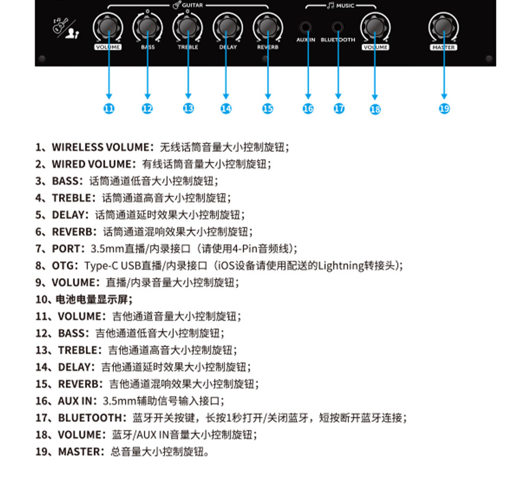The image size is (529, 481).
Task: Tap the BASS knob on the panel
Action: [147, 26]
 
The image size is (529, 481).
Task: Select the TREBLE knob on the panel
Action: [188, 26]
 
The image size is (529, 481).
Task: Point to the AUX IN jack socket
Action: [306, 27]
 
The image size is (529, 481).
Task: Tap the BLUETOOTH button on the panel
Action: [337, 27]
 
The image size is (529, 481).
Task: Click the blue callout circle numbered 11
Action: [109, 108]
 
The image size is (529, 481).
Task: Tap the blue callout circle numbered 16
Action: [308, 108]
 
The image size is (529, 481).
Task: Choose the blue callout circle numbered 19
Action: [444, 108]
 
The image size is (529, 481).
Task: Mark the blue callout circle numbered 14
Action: [227, 108]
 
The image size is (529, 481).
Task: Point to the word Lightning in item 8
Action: [340, 266]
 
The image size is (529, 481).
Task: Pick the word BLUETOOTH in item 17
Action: [90, 417]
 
